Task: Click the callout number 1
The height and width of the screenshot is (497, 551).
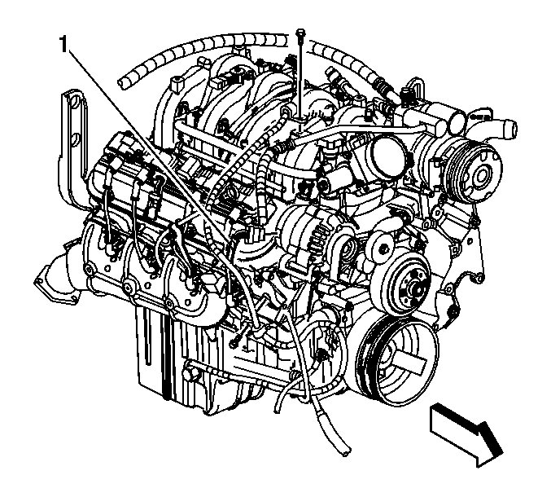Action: click(63, 44)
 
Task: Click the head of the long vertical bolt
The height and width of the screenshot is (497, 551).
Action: click(300, 33)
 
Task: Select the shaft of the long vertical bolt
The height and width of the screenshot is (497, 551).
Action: click(300, 77)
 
